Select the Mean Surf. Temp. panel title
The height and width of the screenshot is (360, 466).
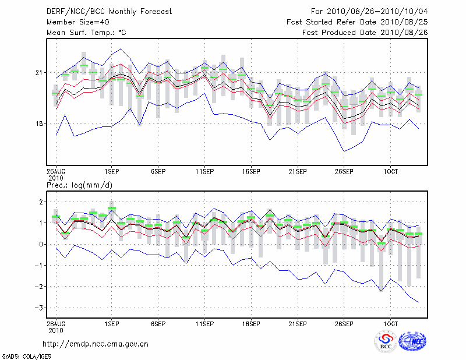[87, 32]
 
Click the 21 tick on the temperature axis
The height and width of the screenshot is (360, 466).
[40, 73]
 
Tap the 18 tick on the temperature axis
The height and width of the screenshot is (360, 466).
[40, 123]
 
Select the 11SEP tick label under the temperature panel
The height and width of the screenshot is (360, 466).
[204, 172]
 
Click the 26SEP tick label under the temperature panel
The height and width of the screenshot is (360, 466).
[344, 172]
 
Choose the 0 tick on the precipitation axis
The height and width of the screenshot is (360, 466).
[40, 244]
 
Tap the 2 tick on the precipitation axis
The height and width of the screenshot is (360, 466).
[40, 202]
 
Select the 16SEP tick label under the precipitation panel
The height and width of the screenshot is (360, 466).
[250, 323]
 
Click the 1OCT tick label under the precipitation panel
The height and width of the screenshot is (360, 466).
[390, 323]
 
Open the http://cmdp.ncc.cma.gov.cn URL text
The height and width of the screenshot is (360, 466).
[96, 344]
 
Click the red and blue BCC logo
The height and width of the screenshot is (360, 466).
[386, 341]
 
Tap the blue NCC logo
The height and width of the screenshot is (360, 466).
[412, 341]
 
